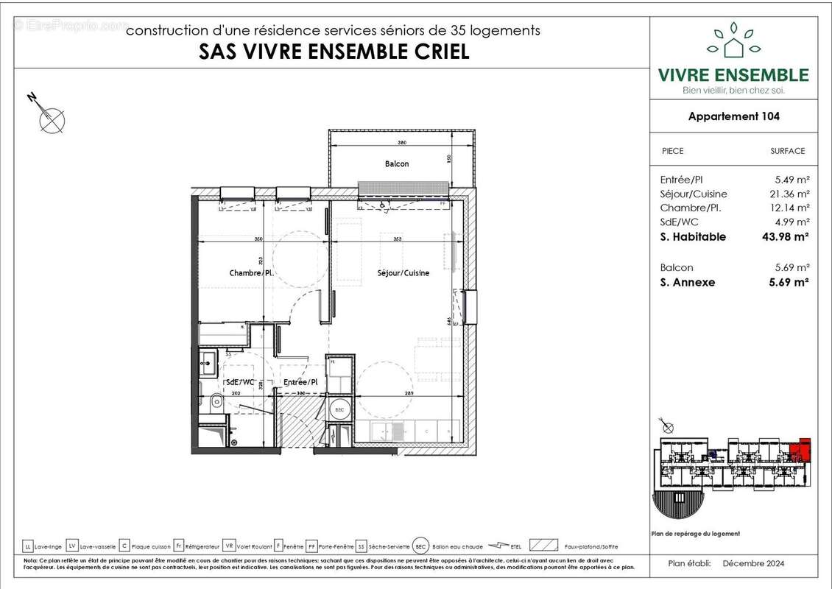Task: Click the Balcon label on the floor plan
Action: coord(396,163)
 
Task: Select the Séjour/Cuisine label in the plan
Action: coord(403,273)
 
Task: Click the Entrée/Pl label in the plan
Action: coord(300,382)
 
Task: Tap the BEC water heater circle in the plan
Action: coord(339,409)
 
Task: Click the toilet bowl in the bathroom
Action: coord(216,401)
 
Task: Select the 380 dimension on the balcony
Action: coord(403,143)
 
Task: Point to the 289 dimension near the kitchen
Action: coord(408,393)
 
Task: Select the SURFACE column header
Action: coord(787,151)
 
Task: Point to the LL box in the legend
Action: coord(28,546)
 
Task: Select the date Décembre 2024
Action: coord(752,564)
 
